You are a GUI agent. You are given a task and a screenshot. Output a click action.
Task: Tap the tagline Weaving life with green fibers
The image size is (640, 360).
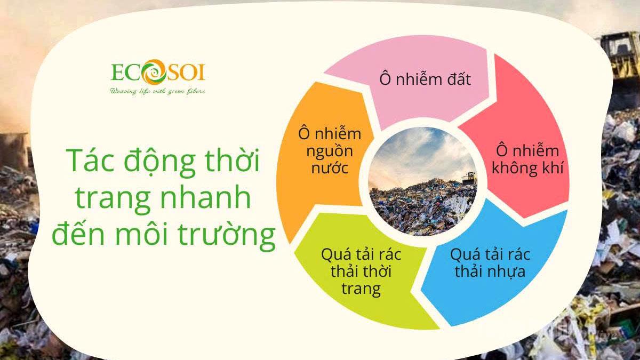(157, 91)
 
